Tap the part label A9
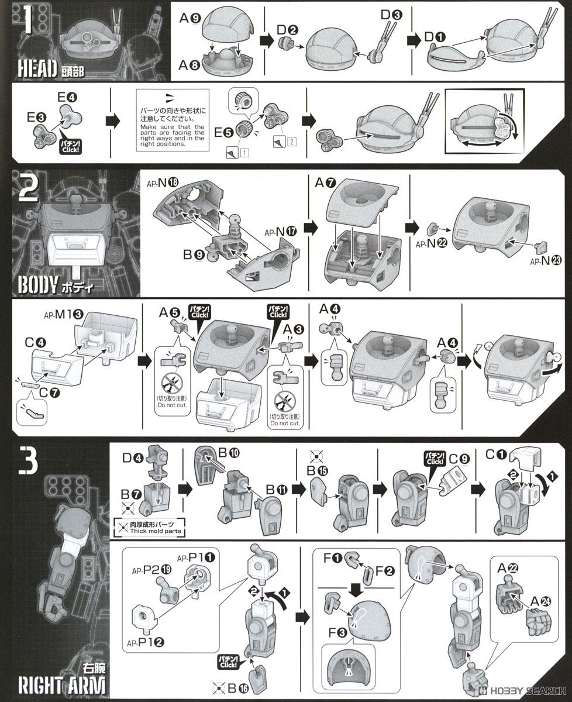coord(191,19)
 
